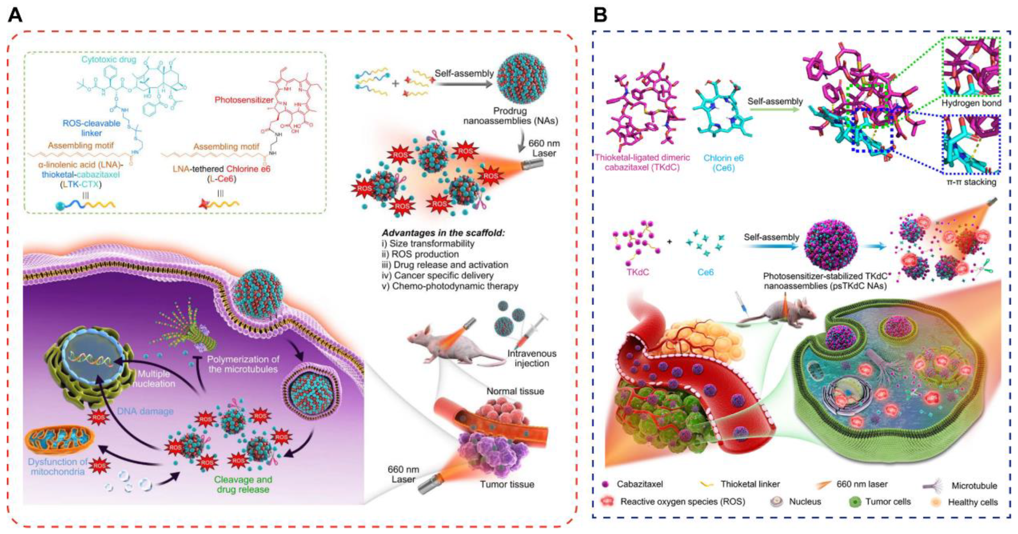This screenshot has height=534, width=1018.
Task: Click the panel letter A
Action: [15, 16]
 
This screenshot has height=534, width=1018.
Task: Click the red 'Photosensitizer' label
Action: [244, 100]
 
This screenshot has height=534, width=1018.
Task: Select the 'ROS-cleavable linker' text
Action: [91, 128]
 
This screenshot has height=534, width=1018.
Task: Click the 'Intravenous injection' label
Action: [532, 358]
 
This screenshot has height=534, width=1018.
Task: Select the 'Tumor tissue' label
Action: [507, 484]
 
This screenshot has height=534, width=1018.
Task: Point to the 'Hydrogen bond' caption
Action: [971, 103]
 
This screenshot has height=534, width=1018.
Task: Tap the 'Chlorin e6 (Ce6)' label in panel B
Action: [723, 163]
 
